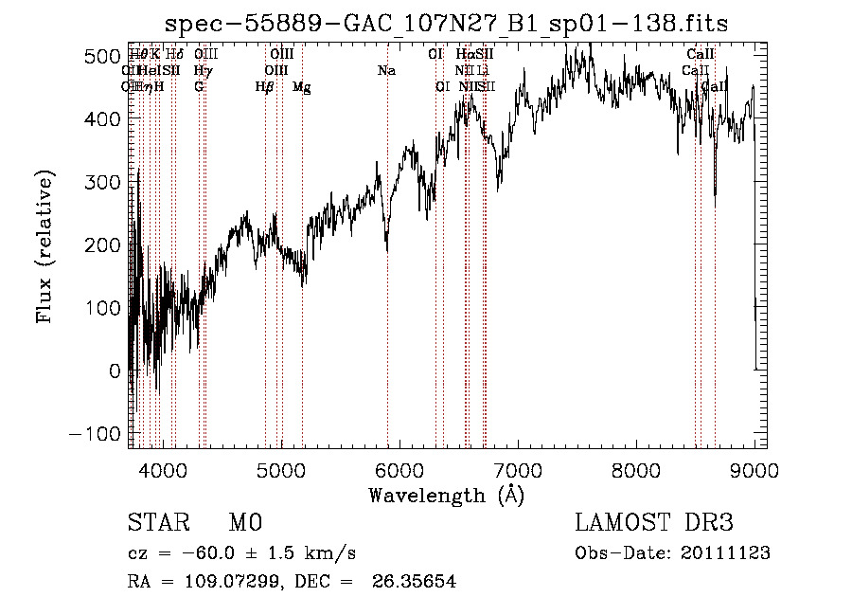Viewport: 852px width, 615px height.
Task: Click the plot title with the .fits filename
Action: tap(446, 23)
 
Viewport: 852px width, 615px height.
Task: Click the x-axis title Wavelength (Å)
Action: tap(446, 495)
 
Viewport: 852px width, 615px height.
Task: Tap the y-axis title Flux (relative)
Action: tap(44, 245)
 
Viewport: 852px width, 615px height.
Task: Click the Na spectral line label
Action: tap(386, 71)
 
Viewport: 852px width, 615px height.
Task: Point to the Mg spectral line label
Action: tap(302, 87)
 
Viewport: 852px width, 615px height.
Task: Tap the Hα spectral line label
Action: tap(465, 55)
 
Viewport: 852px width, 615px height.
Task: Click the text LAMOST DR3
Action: tap(654, 523)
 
